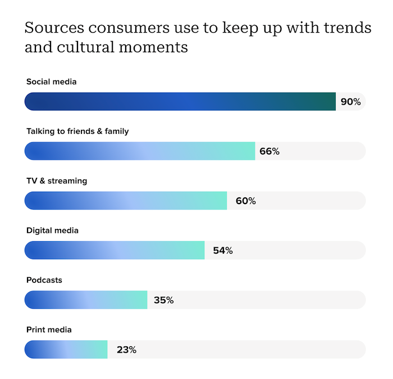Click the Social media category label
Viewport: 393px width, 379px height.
click(x=51, y=82)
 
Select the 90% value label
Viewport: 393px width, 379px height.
click(x=350, y=102)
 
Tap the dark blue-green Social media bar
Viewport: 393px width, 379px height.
click(x=180, y=102)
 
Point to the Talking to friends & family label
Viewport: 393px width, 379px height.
click(x=77, y=132)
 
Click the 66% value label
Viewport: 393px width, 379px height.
click(x=269, y=151)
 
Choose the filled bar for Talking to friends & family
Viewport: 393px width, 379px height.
click(x=140, y=151)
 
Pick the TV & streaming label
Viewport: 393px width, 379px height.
click(x=57, y=181)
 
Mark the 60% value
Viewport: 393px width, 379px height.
click(x=245, y=201)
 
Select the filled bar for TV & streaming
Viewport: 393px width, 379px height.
click(x=126, y=201)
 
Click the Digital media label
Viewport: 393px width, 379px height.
click(x=52, y=231)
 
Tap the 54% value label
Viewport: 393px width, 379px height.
click(x=222, y=250)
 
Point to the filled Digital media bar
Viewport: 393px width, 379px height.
click(x=115, y=250)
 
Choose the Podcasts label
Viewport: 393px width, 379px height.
click(x=44, y=280)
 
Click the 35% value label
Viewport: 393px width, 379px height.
click(x=163, y=300)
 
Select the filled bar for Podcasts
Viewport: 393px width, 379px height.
click(x=86, y=300)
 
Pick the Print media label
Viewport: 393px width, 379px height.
click(x=49, y=330)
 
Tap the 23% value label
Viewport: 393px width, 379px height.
click(x=126, y=349)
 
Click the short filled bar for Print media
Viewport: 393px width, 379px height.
click(x=66, y=349)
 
